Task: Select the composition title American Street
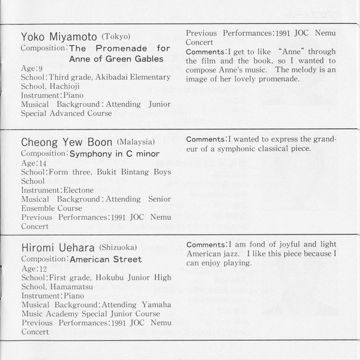coord(106,260)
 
